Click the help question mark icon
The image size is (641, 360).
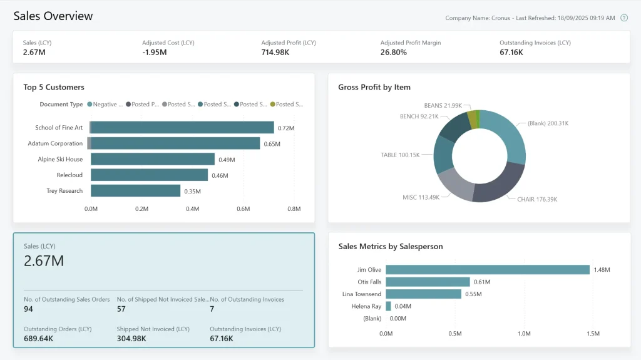coord(623,18)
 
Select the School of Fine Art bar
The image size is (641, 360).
coord(182,128)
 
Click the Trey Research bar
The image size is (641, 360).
coord(135,191)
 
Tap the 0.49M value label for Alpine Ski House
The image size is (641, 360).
coord(227,160)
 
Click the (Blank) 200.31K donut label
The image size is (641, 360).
coord(548,123)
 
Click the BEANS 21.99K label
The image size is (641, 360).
coord(443,105)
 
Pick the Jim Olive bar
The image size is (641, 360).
coord(488,270)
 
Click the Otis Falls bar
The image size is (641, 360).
coord(428,282)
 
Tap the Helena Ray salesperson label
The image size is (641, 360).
coord(367,306)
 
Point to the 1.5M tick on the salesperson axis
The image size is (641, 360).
coord(593,334)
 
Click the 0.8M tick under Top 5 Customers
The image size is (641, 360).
coord(294,208)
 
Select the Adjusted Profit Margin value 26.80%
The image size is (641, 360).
coord(393,53)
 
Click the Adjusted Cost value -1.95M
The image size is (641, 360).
coord(154,53)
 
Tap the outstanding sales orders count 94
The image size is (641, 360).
coord(28,309)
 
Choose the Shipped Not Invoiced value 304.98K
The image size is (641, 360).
coord(131,339)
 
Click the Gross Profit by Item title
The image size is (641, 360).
coord(374,87)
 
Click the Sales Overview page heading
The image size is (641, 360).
coord(53,16)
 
